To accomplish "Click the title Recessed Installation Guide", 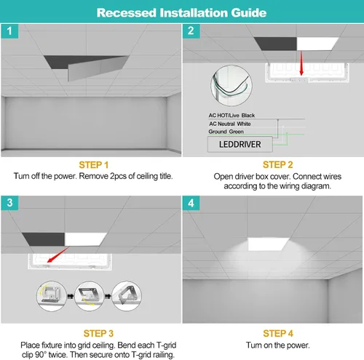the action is pyautogui.click(x=181, y=13).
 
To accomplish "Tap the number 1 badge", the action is pyautogui.click(x=9, y=31).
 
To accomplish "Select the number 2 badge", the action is pyautogui.click(x=191, y=31).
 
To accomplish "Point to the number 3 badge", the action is pyautogui.click(x=9, y=203).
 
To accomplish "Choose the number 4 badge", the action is pyautogui.click(x=191, y=203).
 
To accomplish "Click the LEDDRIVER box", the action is pyautogui.click(x=240, y=145).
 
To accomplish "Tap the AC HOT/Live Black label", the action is pyautogui.click(x=232, y=116).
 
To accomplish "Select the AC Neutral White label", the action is pyautogui.click(x=230, y=124).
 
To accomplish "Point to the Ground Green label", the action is pyautogui.click(x=226, y=132).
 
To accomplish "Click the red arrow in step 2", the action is pyautogui.click(x=301, y=63).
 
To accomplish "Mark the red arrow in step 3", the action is pyautogui.click(x=58, y=255).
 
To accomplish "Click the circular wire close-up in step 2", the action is pyautogui.click(x=232, y=85).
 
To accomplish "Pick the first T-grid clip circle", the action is pyautogui.click(x=52, y=296).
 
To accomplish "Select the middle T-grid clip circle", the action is pyautogui.click(x=90, y=296).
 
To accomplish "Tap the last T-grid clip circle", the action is pyautogui.click(x=127, y=296).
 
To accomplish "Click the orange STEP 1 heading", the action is pyautogui.click(x=93, y=165).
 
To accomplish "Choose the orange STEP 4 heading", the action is pyautogui.click(x=278, y=334).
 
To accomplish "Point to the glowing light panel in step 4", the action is pyautogui.click(x=269, y=244).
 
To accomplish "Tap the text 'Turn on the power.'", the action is pyautogui.click(x=278, y=345).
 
